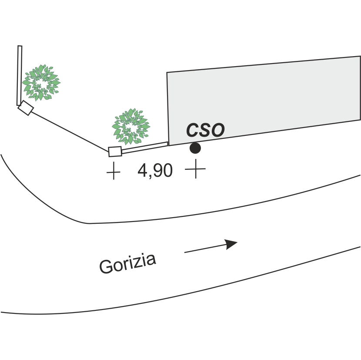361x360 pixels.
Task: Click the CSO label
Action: click(205, 130)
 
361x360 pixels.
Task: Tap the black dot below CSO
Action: click(195, 148)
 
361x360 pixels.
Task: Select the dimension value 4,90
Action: click(155, 171)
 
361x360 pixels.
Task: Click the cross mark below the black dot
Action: click(195, 169)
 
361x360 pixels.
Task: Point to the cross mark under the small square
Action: click(113, 171)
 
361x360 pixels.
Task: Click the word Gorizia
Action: click(127, 263)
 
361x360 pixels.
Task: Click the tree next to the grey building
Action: click(130, 127)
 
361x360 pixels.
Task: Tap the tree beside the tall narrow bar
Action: click(41, 82)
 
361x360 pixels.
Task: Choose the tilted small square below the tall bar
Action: click(25, 108)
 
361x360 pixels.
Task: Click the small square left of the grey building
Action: click(115, 151)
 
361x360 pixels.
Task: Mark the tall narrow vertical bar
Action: click(19, 75)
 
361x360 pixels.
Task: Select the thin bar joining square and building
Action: click(144, 147)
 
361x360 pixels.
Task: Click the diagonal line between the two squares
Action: click(70, 130)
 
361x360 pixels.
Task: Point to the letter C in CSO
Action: click(193, 130)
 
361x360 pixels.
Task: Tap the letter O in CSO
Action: click(217, 130)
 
